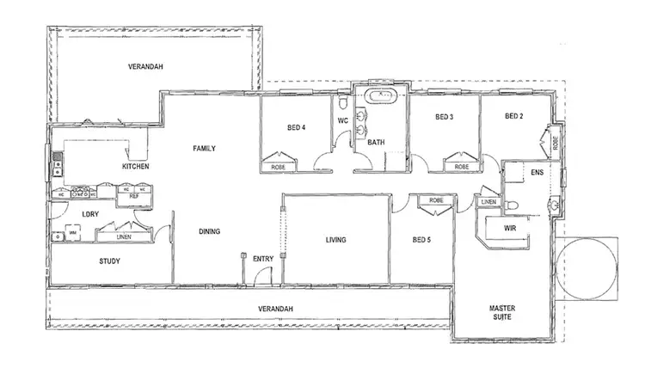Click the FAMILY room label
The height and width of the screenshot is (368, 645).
tap(205, 148)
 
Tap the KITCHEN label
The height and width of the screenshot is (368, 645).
tap(136, 166)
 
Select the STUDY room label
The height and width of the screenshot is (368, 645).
tap(109, 261)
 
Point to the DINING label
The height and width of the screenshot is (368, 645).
tap(209, 231)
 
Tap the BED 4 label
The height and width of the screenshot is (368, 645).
tap(297, 129)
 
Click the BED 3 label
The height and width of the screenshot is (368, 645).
tap(444, 117)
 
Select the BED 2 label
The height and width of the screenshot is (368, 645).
tap(513, 117)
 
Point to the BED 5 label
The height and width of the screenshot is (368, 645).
tap(421, 240)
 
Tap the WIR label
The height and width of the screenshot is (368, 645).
tap(510, 230)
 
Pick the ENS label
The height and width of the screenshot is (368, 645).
tap(537, 173)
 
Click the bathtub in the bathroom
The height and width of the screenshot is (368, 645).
tap(379, 96)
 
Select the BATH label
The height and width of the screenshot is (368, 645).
tap(376, 143)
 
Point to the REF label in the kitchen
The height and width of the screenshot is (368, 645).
tap(133, 196)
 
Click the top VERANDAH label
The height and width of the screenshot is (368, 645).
tap(146, 66)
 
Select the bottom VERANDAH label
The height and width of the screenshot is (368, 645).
tap(276, 309)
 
